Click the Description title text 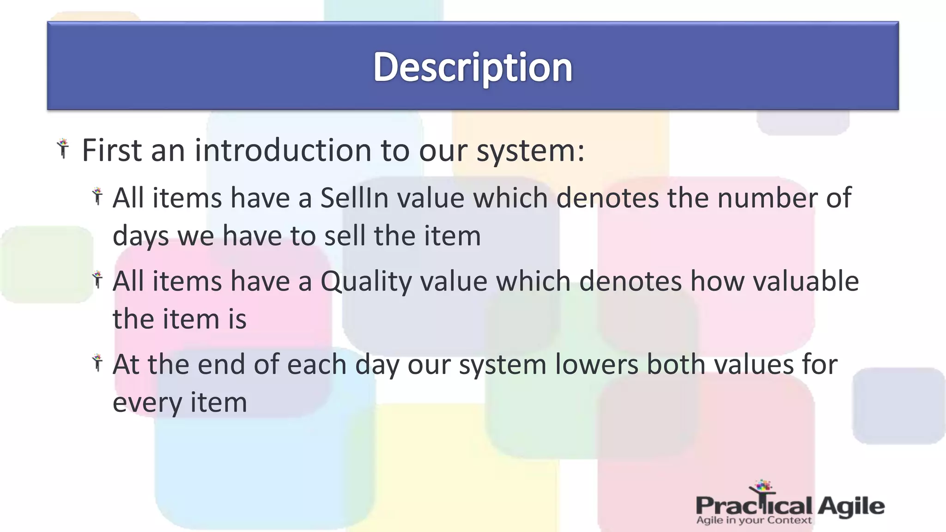(473, 67)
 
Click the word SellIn (353, 198)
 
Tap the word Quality (366, 281)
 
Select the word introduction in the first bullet (283, 151)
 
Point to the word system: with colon (530, 151)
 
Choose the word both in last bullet (676, 364)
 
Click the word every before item (147, 403)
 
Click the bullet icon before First (63, 149)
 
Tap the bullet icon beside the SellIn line (97, 196)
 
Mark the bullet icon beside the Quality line (97, 280)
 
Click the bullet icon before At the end (97, 363)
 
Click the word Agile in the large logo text (851, 506)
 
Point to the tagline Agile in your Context (753, 520)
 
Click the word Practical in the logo (753, 506)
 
